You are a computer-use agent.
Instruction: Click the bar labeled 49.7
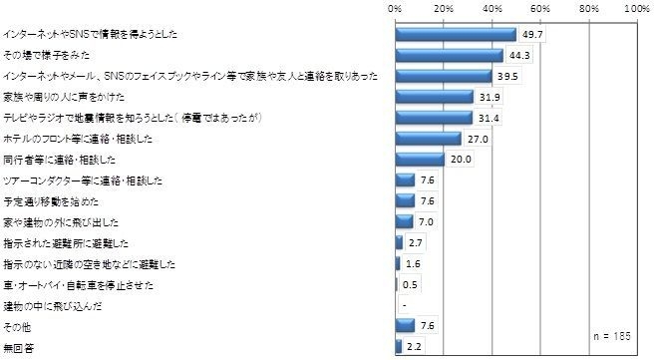(456, 35)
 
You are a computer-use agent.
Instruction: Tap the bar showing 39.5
(443, 76)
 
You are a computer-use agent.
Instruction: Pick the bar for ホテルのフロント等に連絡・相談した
(428, 139)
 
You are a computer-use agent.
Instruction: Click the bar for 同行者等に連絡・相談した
(419, 160)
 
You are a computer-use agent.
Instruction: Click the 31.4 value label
(487, 118)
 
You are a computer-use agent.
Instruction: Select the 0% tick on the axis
(396, 8)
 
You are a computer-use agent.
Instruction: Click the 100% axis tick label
(635, 8)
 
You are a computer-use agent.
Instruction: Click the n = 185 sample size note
(610, 336)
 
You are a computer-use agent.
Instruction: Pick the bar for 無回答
(398, 346)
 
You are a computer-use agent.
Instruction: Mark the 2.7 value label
(417, 243)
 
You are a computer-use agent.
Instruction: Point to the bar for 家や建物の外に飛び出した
(404, 221)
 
